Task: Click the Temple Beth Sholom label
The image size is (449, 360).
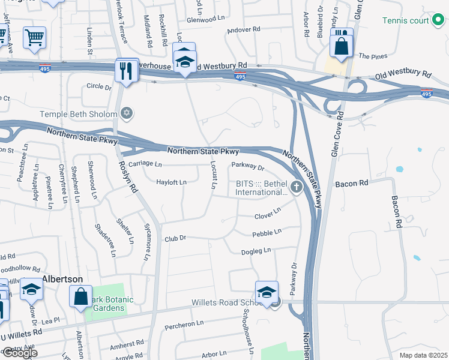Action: [x=79, y=113]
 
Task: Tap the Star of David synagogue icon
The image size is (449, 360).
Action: [x=126, y=113]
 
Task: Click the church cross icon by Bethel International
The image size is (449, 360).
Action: [x=296, y=188]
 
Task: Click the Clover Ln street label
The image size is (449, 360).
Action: [x=267, y=213]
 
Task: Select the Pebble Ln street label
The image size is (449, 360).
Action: [x=267, y=232]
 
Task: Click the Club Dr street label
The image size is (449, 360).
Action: [x=176, y=238]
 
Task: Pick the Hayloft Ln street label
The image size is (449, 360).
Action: [x=171, y=182]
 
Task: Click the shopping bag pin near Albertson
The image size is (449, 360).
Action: [x=80, y=296]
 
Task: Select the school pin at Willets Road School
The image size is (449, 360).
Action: [x=267, y=292]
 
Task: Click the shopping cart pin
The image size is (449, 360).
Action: [x=34, y=37]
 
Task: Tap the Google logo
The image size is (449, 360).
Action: [x=19, y=353]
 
